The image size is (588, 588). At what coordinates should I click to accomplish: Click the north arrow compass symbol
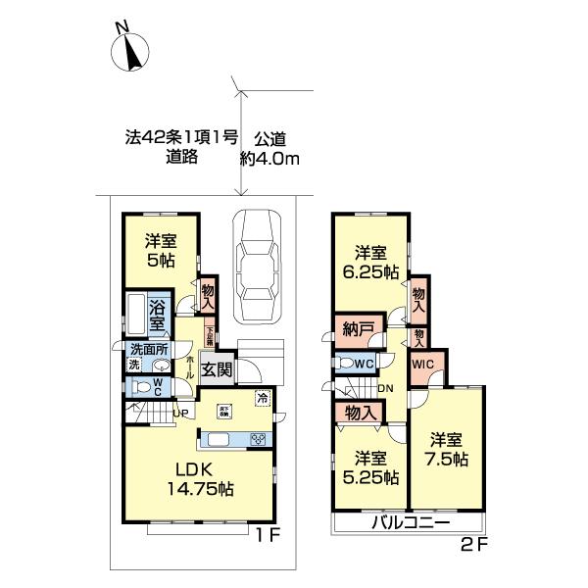tap(130, 52)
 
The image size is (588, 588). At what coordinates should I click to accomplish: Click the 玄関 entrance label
tap(217, 369)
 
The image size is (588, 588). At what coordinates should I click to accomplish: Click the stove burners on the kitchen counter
tap(258, 439)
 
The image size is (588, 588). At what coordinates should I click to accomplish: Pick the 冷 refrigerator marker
tap(263, 397)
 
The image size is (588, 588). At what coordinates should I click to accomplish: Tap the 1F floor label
tap(269, 536)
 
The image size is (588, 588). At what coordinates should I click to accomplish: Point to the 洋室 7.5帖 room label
tap(447, 449)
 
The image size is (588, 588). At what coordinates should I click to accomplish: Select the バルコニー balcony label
tap(410, 522)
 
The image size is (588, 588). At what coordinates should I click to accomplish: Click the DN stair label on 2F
tap(387, 389)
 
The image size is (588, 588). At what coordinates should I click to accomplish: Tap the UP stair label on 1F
tap(179, 413)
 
